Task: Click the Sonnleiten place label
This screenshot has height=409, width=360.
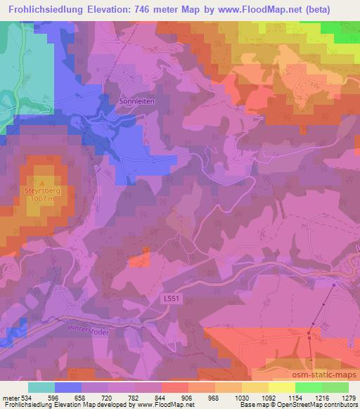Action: [137, 100]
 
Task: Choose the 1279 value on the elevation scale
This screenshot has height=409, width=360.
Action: [339, 397]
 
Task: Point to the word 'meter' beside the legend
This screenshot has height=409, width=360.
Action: [10, 397]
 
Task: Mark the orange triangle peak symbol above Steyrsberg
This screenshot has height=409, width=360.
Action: [41, 182]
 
